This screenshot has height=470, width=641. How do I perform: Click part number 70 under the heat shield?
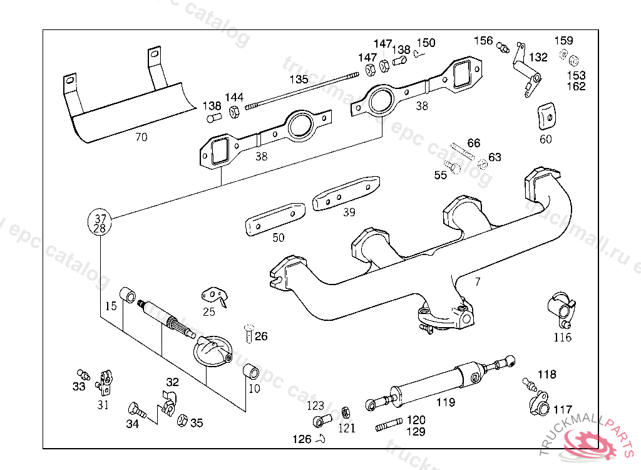(141, 137)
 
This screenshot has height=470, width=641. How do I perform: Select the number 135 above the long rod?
(299, 80)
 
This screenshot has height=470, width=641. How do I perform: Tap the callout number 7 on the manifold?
(478, 282)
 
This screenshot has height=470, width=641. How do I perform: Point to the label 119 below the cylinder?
(446, 402)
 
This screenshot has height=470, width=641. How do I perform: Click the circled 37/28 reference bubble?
(100, 223)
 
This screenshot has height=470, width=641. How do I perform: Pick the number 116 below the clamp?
(563, 338)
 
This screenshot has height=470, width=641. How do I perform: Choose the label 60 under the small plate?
(546, 139)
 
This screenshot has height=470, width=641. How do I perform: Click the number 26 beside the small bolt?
(261, 337)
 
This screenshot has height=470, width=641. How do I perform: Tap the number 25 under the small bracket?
(209, 311)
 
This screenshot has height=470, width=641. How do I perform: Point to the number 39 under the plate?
(349, 212)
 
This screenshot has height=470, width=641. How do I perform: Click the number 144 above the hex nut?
(234, 97)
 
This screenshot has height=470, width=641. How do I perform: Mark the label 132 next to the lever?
(538, 57)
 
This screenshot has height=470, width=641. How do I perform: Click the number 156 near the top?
(483, 41)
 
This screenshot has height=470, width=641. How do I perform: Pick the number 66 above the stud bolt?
(474, 144)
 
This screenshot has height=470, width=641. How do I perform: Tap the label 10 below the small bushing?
(254, 389)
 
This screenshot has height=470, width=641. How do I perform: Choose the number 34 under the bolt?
(132, 424)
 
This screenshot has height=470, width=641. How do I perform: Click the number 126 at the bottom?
(302, 439)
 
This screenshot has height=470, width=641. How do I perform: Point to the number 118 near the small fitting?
(546, 374)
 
